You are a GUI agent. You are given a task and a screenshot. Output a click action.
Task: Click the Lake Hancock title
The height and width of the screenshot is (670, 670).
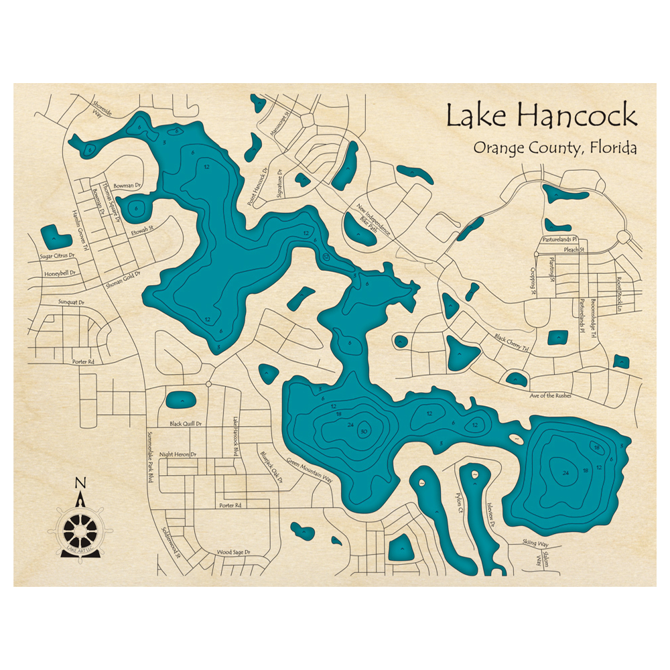[x=541, y=116]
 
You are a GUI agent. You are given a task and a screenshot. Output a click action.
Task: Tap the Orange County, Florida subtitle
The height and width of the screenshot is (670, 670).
[x=555, y=148]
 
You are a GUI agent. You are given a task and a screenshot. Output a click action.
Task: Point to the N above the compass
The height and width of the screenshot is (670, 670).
[x=80, y=483]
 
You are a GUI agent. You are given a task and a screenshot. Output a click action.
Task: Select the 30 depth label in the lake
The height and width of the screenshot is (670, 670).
[x=363, y=431]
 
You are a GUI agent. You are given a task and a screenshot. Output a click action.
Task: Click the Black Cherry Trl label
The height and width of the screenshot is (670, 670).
[x=511, y=343]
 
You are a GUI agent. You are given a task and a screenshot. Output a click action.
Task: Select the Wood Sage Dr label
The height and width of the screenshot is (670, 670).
[x=233, y=552]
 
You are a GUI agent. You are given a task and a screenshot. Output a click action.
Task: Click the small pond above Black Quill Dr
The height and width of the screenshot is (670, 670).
[x=180, y=401]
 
